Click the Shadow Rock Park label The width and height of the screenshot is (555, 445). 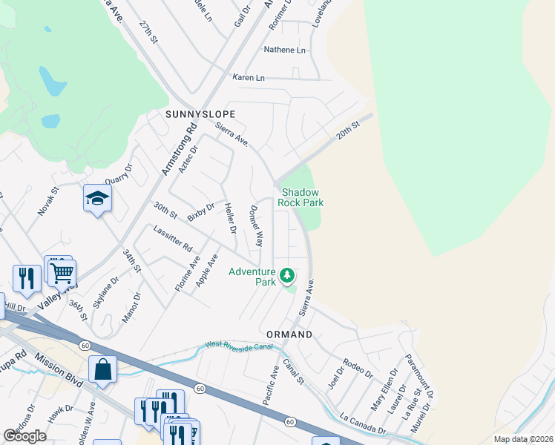coord(301,197)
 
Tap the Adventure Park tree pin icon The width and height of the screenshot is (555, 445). coord(287,277)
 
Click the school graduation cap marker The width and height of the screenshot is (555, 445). coord(97,198)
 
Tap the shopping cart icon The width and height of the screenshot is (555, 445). coord(62,272)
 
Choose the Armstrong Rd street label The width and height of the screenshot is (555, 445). coord(180,149)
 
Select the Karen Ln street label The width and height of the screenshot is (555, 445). coord(249,77)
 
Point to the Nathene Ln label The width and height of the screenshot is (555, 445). coord(285,50)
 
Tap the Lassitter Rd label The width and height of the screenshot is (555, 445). coord(173,237)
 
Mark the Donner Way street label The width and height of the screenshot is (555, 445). coord(257,226)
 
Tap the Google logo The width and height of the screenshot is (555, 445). coord(24,435)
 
